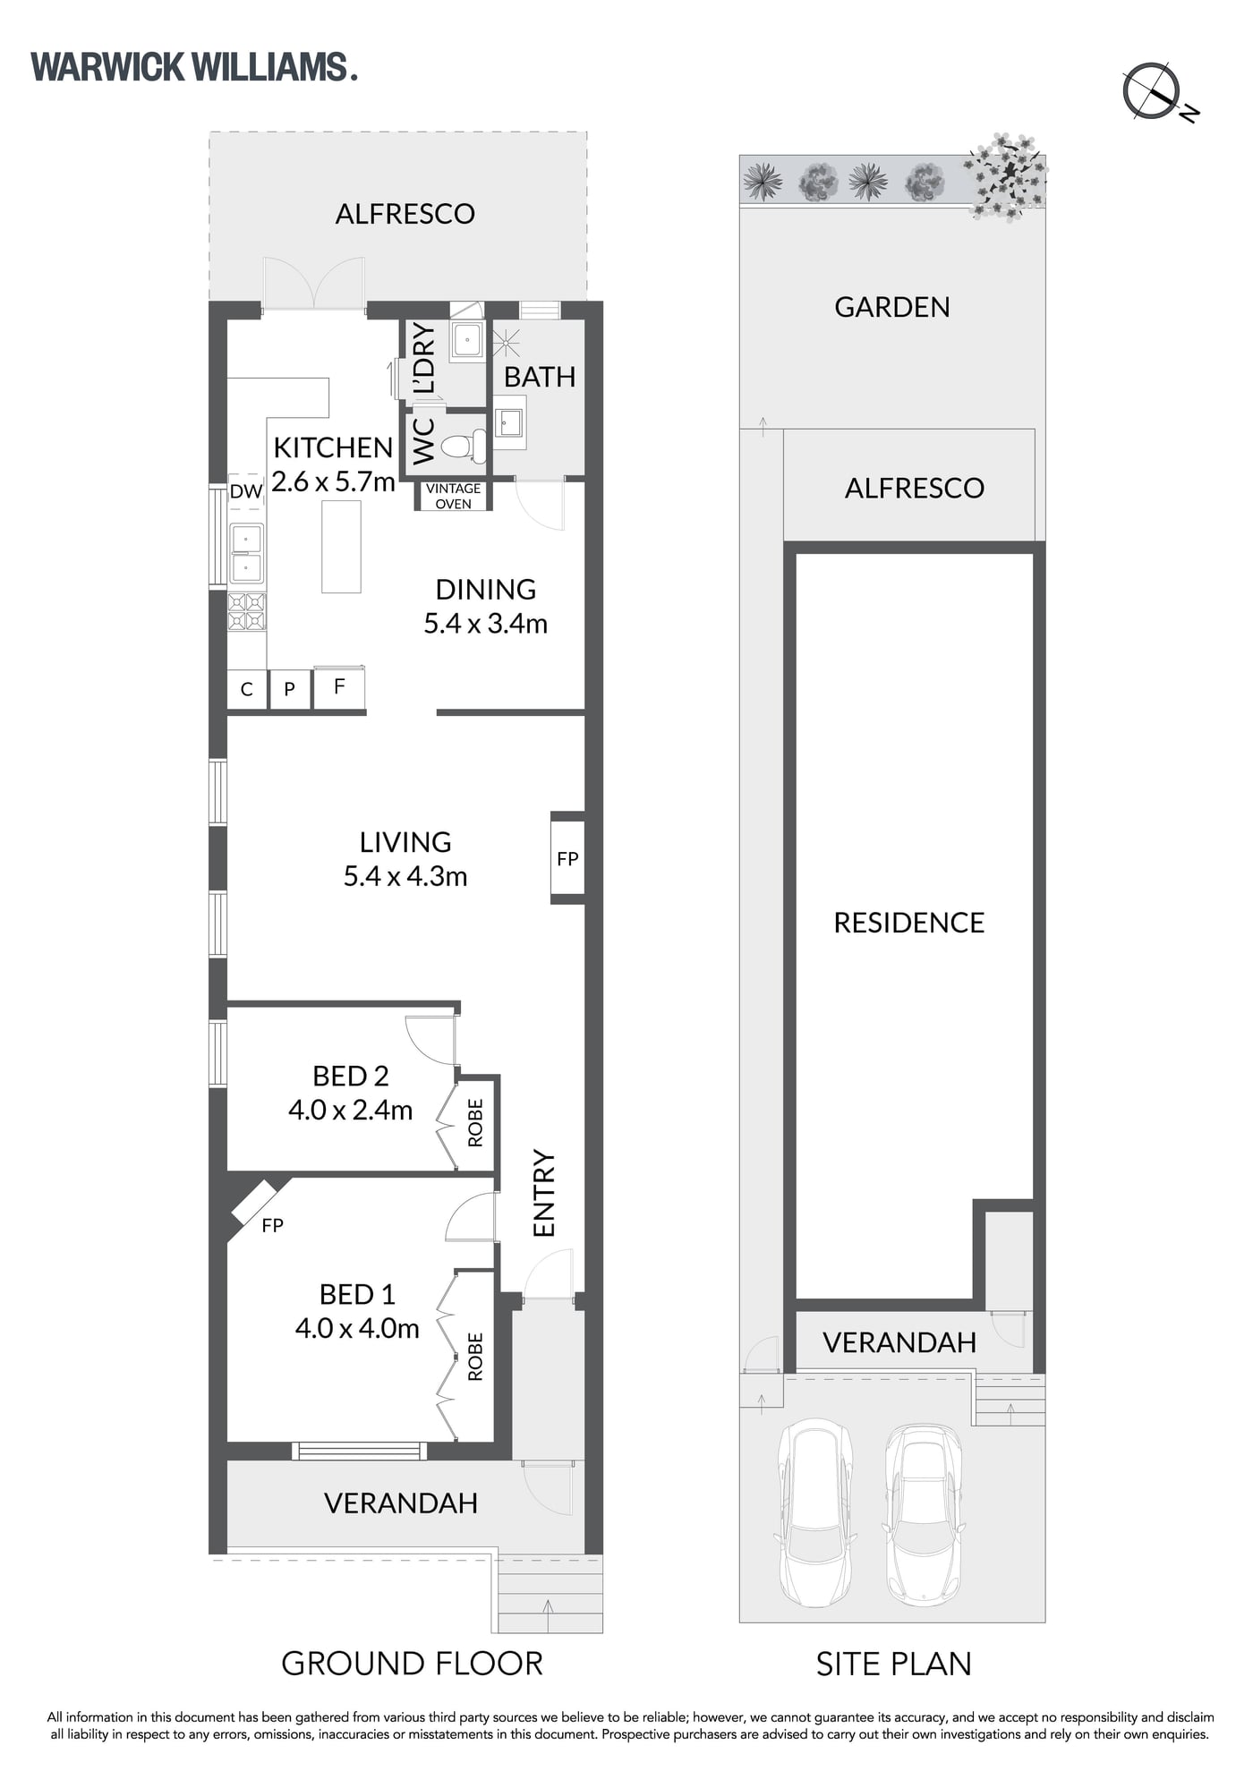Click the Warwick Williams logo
pos(194,68)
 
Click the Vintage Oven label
pos(453,496)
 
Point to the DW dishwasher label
pos(246,490)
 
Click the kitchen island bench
pos(341,546)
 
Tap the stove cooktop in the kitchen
pos(246,612)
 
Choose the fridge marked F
pos(338,688)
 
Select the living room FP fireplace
pos(567,858)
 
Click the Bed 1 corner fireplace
pos(257,1202)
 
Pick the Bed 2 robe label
pos(475,1123)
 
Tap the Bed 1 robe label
pos(475,1357)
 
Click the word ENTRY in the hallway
pos(544,1194)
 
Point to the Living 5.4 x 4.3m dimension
pos(405,876)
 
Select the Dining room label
pos(486,590)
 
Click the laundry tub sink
pos(466,340)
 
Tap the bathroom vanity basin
pos(509,421)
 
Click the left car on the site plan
pos(814,1511)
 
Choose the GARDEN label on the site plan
pos(892,307)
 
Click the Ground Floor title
pos(412,1664)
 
